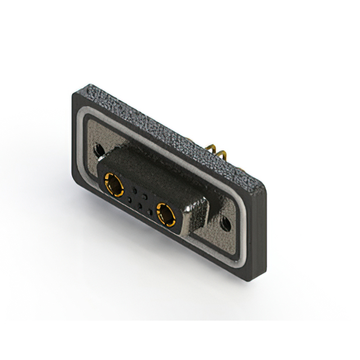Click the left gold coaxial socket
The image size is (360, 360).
click(114, 184)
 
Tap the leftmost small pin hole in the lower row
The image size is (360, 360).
click(128, 199)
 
